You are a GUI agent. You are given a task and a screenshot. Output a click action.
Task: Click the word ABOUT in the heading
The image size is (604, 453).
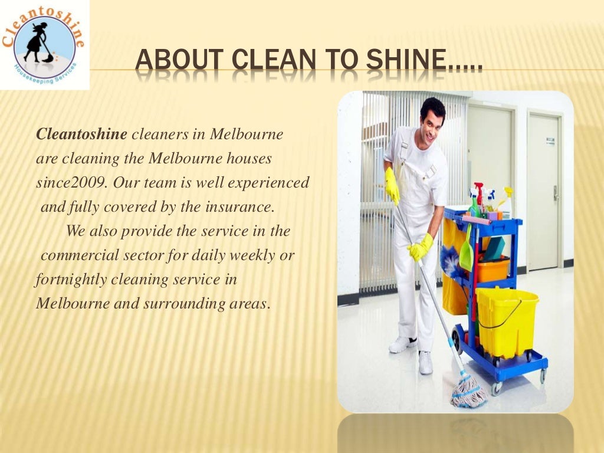pos(172,61)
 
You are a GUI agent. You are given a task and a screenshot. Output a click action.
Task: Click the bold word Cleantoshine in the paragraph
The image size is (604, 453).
pos(81,134)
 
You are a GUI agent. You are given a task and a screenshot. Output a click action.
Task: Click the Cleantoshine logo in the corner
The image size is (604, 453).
pos(45,45)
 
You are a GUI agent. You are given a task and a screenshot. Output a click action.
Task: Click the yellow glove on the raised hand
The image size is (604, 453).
pos(392,187)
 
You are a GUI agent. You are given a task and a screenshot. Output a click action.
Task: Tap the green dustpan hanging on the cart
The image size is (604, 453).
pos(467,254)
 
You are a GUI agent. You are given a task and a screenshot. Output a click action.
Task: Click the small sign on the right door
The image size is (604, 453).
pos(550,140)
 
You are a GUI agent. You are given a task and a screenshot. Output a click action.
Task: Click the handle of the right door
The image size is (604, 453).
pos(556,192)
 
